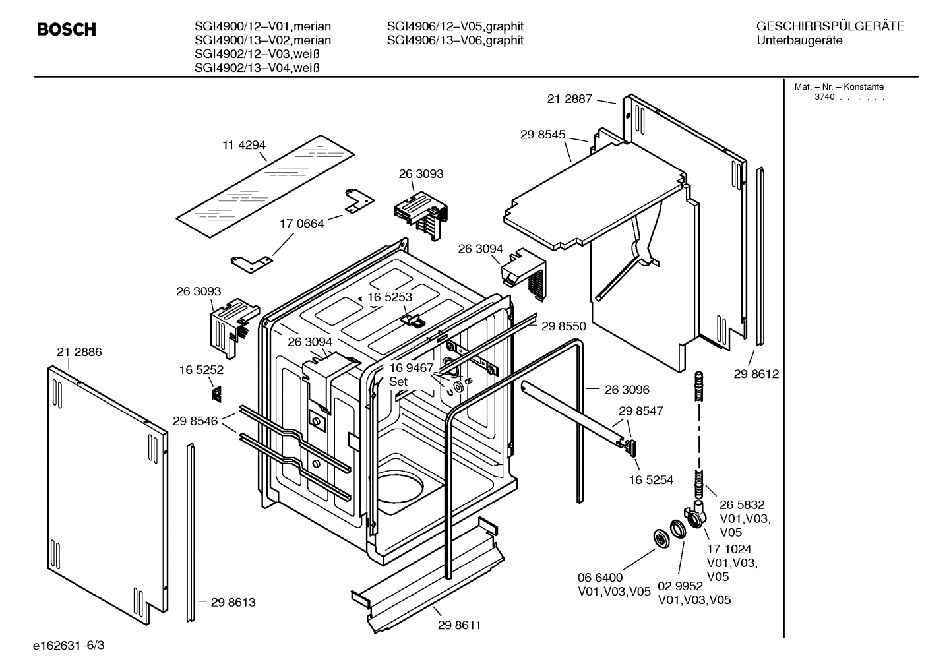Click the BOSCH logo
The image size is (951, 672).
[x=67, y=30]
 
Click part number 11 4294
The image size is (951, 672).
[x=243, y=145]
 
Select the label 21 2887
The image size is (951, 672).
[x=569, y=99]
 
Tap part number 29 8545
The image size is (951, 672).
[x=542, y=135]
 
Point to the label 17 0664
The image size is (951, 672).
[x=301, y=224]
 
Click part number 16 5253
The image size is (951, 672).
[x=389, y=297]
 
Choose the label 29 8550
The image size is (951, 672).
[x=563, y=326]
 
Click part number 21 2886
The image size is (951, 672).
[x=79, y=352]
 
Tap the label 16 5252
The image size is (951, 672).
[x=201, y=370]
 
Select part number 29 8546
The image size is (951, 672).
[x=195, y=421]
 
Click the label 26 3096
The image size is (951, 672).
[x=627, y=390]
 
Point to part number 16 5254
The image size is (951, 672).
[x=650, y=480]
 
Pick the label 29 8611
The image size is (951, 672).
[x=459, y=625]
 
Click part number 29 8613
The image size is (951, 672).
[x=233, y=602]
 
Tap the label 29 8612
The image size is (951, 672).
[x=756, y=374]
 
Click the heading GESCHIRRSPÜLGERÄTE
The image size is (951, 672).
[x=830, y=26]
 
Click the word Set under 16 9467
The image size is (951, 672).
[x=398, y=381]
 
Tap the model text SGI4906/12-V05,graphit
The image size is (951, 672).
[x=455, y=26]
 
